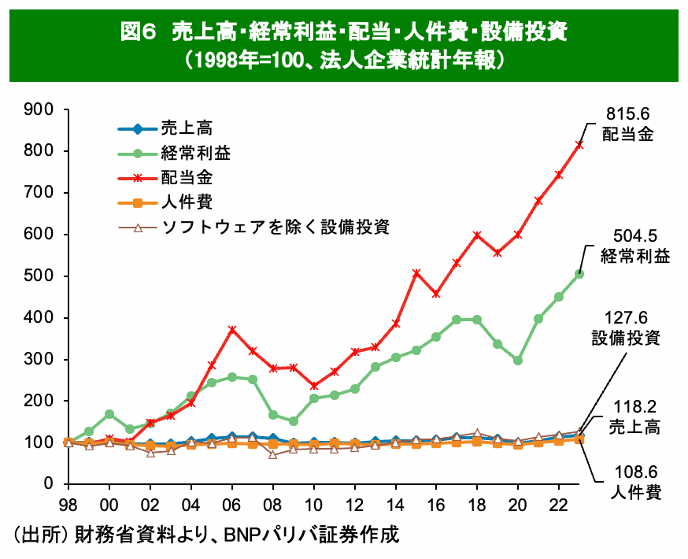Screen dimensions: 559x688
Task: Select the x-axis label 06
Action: coord(231,505)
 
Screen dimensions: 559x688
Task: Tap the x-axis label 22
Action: coord(559,505)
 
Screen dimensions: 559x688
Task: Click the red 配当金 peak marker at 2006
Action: coord(231,329)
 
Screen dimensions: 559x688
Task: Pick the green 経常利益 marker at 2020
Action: coord(518,360)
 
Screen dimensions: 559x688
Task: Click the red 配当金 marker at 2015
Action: coord(416,272)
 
